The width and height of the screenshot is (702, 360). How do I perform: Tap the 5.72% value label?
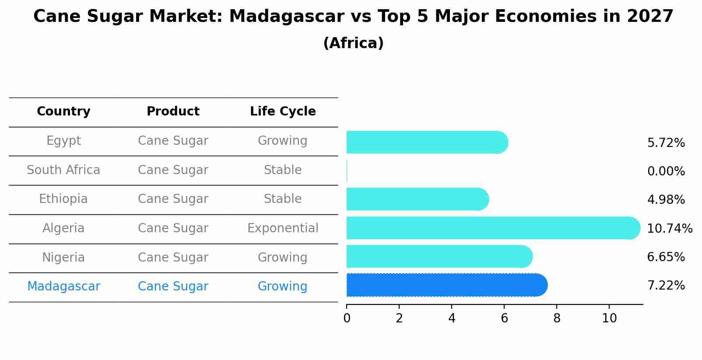point(666,143)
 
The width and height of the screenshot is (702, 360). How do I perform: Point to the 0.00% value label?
point(666,171)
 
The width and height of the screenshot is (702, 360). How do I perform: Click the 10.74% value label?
point(669,228)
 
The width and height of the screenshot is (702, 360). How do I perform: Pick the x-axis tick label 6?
point(504,318)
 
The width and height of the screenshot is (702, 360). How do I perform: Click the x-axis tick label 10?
point(609,318)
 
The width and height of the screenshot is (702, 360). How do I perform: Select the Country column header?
point(63,112)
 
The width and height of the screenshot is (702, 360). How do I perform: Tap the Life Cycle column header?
point(283,112)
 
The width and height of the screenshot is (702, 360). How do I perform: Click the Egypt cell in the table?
point(63,141)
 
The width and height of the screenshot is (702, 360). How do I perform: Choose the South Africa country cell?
point(63,170)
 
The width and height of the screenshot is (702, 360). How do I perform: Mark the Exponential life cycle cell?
point(283,228)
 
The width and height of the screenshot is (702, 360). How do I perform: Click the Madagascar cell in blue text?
point(63,287)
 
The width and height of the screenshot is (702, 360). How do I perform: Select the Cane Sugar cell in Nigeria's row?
point(173,258)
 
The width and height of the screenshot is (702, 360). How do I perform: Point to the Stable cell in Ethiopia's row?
point(283,199)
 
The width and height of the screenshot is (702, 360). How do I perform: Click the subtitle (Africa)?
point(353,43)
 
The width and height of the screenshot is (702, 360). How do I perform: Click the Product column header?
point(173,112)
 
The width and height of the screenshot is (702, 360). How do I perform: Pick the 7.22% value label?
point(666,286)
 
